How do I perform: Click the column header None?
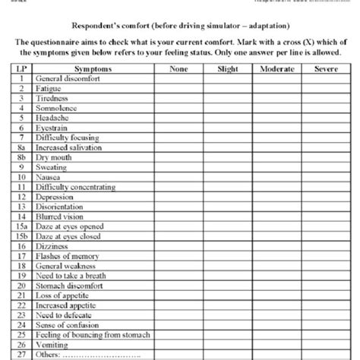click(178, 68)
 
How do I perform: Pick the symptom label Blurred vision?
click(60, 216)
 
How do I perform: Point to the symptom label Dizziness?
click(52, 247)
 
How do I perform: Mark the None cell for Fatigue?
click(178, 88)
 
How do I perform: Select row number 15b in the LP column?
click(23, 236)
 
